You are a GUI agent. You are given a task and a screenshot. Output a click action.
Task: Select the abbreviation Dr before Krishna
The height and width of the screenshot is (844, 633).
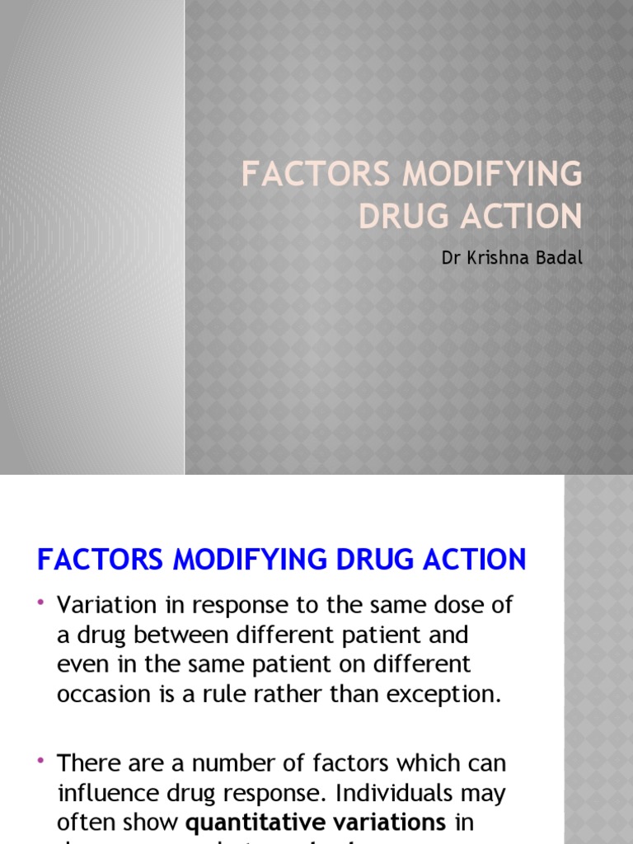(450, 258)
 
